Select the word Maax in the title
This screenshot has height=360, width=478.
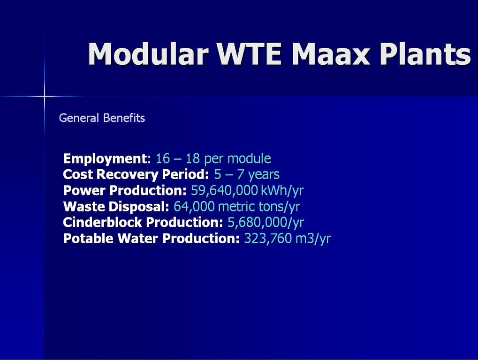[x=331, y=54]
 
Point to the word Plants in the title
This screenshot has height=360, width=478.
[x=425, y=54]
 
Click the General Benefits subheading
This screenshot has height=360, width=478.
[x=102, y=118]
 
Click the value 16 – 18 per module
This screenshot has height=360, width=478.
[x=213, y=159]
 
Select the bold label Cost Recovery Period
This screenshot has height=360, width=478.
[x=136, y=174]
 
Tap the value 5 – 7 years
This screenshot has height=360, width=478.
[x=247, y=175]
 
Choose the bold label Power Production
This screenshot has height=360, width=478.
[x=125, y=191]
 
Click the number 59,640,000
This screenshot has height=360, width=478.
[x=224, y=191]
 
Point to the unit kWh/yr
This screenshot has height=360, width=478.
[x=282, y=191]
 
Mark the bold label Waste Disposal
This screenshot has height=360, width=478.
[x=116, y=207]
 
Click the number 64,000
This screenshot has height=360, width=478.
[x=194, y=207]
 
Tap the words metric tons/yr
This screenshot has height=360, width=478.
[x=259, y=207]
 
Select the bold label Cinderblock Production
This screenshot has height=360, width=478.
[x=143, y=222]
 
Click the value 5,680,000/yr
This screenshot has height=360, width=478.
[x=266, y=223]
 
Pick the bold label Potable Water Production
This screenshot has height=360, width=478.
[x=152, y=239]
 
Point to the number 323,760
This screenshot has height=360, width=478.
[x=268, y=239]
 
